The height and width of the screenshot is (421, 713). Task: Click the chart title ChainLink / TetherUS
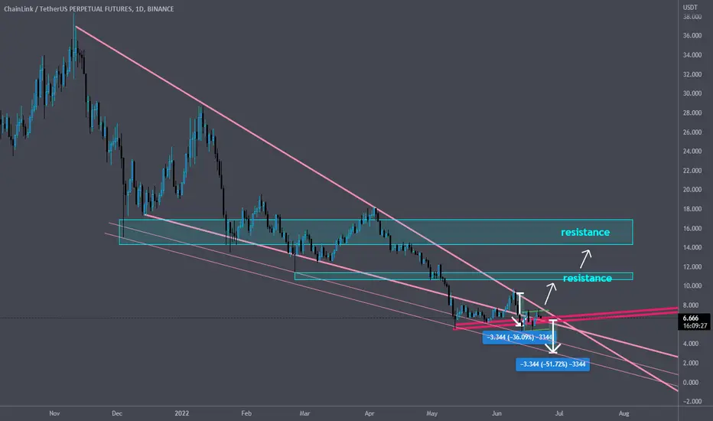(x=35, y=8)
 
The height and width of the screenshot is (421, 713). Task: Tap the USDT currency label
(x=690, y=8)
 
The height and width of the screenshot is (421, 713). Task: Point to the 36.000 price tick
(x=692, y=35)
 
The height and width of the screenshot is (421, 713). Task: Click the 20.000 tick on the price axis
(x=692, y=190)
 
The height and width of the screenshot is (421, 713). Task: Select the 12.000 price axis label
(x=692, y=266)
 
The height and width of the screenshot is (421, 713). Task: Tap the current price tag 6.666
(x=691, y=318)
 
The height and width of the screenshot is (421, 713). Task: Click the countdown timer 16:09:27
(x=695, y=326)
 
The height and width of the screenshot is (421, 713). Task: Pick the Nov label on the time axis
(x=54, y=413)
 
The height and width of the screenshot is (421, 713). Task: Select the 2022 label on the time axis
(x=182, y=413)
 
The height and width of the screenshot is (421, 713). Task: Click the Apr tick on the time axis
(x=370, y=413)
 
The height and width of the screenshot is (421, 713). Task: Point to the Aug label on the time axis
(x=624, y=413)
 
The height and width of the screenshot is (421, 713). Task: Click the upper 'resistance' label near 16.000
(x=585, y=232)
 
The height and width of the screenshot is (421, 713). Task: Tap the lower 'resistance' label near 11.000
(x=588, y=278)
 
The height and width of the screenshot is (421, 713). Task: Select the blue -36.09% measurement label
(x=519, y=338)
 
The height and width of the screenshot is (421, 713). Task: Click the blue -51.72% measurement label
(x=552, y=364)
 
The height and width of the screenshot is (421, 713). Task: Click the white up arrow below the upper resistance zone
(x=586, y=259)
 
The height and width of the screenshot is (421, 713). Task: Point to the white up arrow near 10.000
(x=551, y=294)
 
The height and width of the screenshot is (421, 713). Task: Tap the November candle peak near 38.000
(x=73, y=15)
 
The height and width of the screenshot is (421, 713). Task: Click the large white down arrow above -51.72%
(x=553, y=337)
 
